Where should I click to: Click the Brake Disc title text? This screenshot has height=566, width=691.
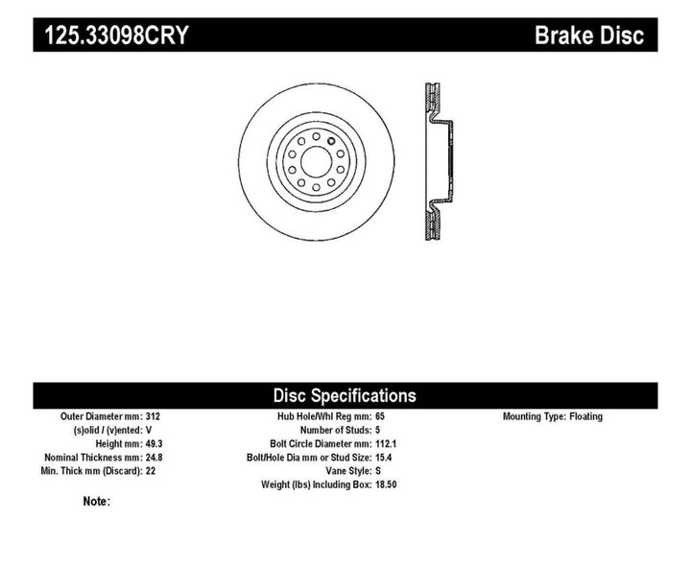coord(588,35)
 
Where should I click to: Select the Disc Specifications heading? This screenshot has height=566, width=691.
coord(345,395)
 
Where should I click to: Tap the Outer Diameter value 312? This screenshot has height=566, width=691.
coord(154,416)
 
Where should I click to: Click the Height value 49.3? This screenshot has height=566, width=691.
coord(155,443)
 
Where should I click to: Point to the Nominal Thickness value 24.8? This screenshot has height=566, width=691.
coord(155,457)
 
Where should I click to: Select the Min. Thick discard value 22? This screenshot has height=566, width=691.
coord(151,470)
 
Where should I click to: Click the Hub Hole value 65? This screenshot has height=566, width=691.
coord(381,416)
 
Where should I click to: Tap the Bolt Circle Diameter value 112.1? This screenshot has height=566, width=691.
coord(386,443)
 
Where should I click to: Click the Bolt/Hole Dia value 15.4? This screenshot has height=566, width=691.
coord(384,457)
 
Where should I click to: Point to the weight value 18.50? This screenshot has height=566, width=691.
coord(386,483)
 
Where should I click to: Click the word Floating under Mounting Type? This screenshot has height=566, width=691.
coord(585,416)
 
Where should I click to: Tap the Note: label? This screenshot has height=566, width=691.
coord(97,501)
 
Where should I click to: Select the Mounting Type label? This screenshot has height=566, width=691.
coord(533,416)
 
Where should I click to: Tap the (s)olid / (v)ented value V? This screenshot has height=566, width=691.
coord(149,430)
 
